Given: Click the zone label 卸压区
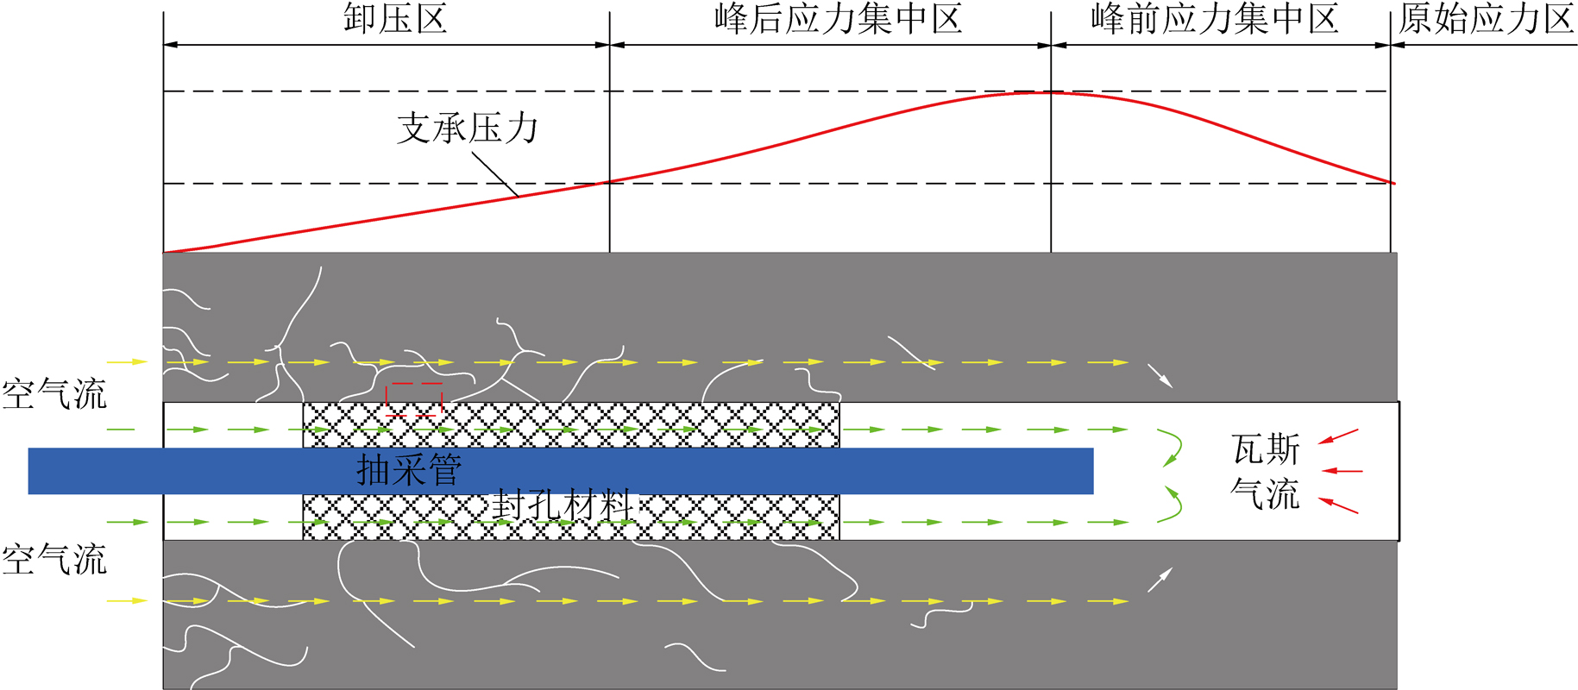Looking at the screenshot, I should tap(395, 19).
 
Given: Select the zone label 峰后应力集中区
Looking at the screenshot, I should tap(838, 19).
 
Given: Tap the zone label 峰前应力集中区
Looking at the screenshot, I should tap(1214, 19).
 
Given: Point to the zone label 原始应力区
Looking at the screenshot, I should tap(1486, 19).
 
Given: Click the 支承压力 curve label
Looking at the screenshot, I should tap(467, 129).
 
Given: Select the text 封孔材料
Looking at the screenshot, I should tap(563, 505).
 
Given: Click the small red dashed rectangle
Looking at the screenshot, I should tap(413, 399).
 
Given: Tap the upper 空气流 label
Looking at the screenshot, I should tap(53, 395).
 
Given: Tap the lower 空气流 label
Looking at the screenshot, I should tap(53, 561).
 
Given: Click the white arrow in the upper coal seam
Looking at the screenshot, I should tap(1160, 376).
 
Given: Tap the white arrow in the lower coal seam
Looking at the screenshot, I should tap(1160, 580).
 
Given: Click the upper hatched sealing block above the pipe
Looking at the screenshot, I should tap(570, 424).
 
